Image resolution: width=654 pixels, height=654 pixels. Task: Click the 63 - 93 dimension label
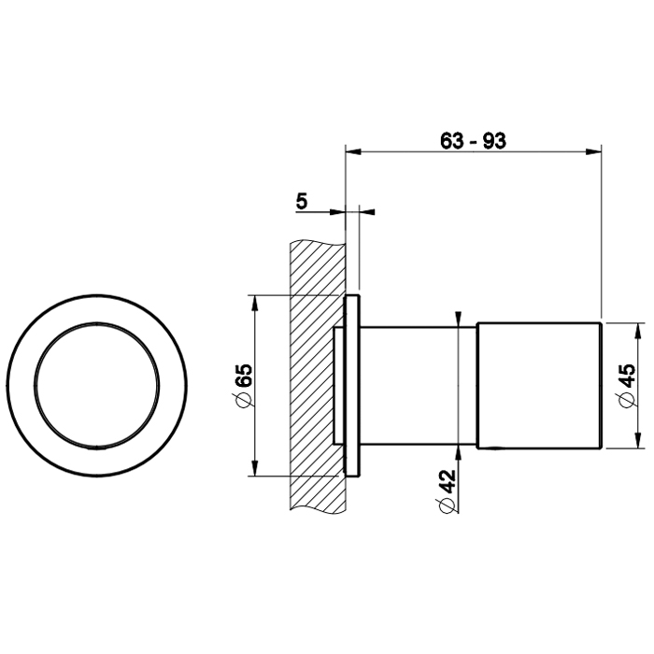pos(473,141)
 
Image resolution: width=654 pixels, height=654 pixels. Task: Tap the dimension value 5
pos(302,202)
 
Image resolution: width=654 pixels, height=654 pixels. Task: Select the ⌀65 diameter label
pos(244,385)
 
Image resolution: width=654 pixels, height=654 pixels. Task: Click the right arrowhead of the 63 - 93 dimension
pos(593,151)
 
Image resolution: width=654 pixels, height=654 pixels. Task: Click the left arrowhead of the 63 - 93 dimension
pos(354,151)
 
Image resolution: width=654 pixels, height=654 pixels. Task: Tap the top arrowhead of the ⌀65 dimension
pos(254,304)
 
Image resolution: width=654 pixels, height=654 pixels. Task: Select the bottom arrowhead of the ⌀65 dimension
pos(254,467)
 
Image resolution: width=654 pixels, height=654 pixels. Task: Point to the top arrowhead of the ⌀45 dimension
pos(637,331)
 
